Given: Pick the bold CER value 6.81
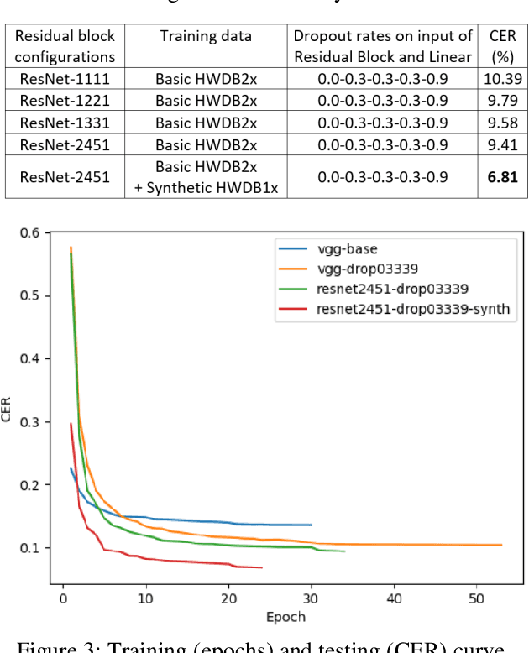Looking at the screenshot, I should point(502,177).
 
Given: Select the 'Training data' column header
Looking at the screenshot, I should point(206,36).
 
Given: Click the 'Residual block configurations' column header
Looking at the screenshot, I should point(65,47).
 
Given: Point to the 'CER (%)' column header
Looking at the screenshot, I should point(502,47).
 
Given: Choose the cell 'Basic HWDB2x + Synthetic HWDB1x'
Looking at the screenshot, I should point(206,177).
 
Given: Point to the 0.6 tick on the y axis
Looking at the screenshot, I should point(30,232).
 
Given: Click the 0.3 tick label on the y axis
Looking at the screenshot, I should point(30,421).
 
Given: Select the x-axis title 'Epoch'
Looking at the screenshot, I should point(285,617).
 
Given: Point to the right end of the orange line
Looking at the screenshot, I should point(501,545).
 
